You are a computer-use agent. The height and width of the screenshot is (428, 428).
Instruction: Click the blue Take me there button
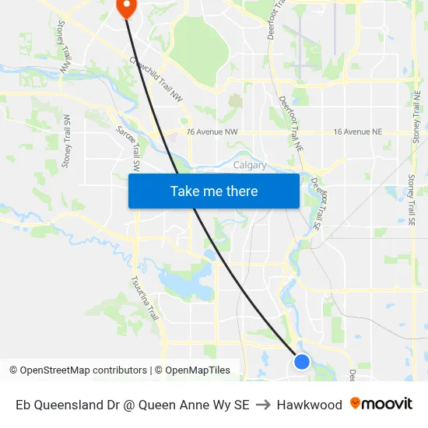tap(214, 191)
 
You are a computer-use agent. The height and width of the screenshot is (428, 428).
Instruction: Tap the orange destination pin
tap(126, 7)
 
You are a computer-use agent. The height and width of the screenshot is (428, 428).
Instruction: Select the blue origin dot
tap(302, 361)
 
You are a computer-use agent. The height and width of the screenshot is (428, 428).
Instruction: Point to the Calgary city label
tap(250, 165)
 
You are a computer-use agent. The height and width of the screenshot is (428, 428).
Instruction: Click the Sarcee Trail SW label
tap(128, 149)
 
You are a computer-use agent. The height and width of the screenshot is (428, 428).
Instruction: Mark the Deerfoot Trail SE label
tap(316, 204)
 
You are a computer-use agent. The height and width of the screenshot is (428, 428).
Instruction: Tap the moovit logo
tap(381, 404)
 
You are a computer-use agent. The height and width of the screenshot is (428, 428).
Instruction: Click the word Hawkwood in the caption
tap(309, 405)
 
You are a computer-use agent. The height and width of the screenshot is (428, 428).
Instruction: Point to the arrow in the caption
tap(263, 405)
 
